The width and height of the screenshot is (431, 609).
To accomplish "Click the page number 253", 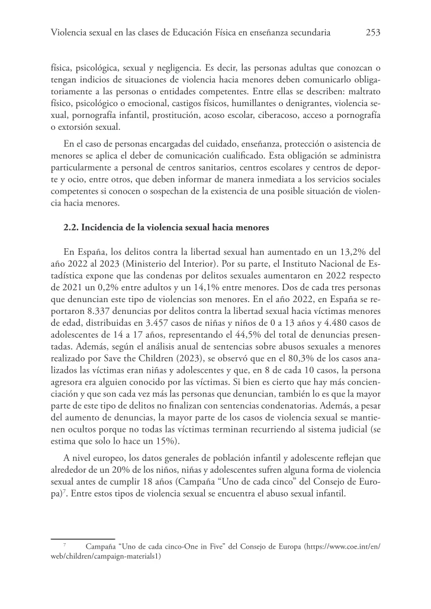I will pos(372,33).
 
